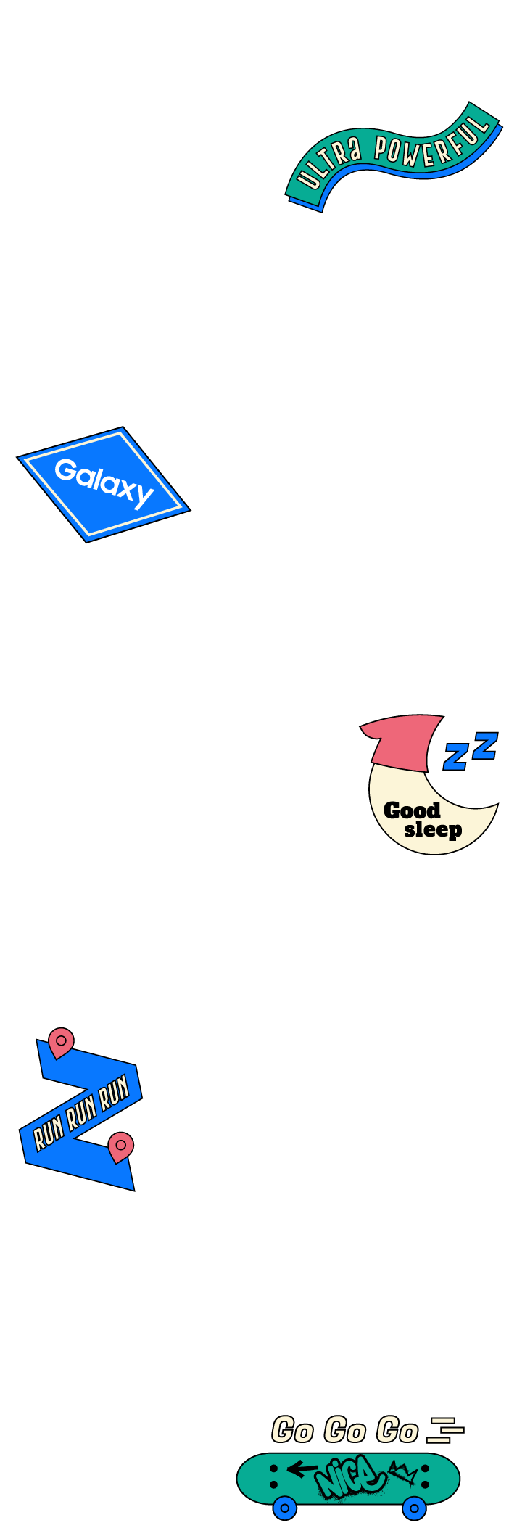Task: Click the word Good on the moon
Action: (412, 810)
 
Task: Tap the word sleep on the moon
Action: (433, 829)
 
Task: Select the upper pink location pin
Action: (61, 1042)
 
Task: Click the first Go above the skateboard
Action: (292, 1430)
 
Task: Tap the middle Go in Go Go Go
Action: (344, 1430)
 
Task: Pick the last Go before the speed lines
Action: (397, 1430)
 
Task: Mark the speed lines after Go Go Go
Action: (445, 1429)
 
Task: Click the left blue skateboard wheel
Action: (285, 1508)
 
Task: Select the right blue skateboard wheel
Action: (414, 1508)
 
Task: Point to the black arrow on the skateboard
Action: (302, 1469)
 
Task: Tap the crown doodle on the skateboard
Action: (402, 1474)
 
